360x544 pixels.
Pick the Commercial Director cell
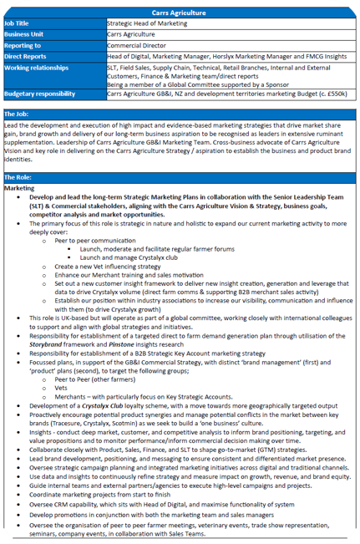point(136,45)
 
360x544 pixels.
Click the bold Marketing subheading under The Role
point(19,188)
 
